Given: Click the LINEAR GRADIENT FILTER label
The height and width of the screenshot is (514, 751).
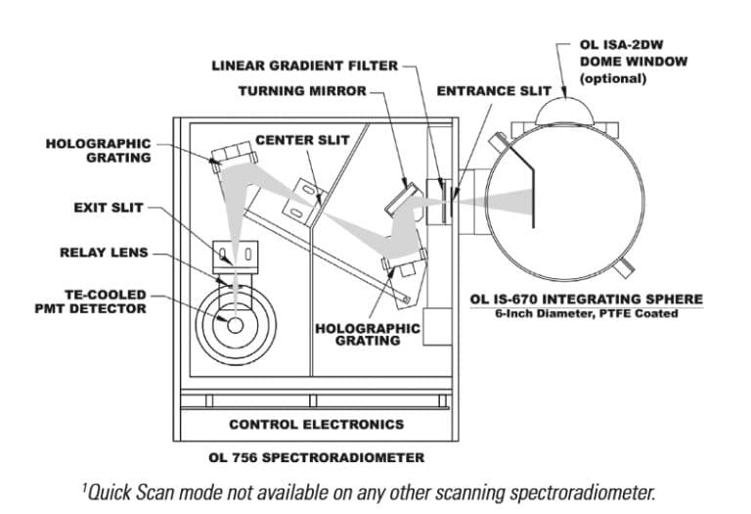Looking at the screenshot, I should [x=305, y=66].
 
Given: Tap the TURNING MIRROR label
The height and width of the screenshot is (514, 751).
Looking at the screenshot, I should [x=303, y=91].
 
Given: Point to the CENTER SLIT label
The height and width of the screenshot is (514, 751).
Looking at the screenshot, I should [x=302, y=140].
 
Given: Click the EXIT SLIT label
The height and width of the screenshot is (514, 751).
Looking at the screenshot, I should [x=109, y=208].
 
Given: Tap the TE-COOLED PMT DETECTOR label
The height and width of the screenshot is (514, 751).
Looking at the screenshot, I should [x=89, y=301].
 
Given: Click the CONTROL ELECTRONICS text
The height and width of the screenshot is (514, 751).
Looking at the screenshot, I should [x=316, y=424].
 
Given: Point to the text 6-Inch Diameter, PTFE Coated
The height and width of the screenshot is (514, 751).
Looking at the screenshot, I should [x=587, y=313].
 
